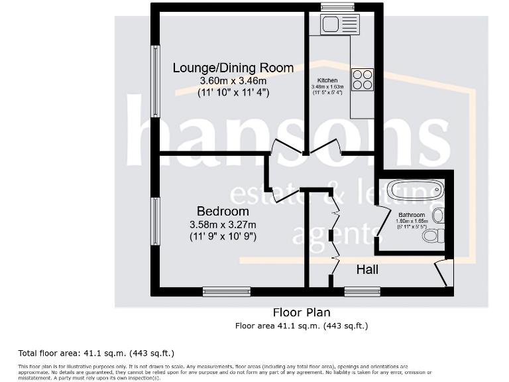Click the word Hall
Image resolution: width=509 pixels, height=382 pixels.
coord(367,269)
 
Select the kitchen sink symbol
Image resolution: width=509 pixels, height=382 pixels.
coord(339,25)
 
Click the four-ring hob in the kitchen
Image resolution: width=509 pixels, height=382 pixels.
coord(363,80)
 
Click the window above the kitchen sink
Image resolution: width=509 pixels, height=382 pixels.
coord(338,7)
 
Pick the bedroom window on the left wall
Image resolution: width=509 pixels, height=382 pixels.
coord(155,222)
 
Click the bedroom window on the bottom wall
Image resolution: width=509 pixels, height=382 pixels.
coord(227,290)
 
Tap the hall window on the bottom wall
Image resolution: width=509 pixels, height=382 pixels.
coord(363,290)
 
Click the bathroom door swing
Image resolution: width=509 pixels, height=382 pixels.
coord(382,222)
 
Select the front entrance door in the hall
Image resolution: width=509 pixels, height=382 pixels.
coord(442,273)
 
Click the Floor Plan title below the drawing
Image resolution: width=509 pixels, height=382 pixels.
coord(302,312)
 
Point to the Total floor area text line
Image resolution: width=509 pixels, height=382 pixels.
coord(96,353)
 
